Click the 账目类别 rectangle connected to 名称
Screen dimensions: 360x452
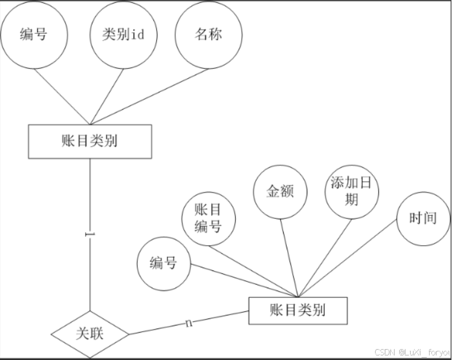(x=90, y=141)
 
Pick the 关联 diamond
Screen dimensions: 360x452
(x=90, y=334)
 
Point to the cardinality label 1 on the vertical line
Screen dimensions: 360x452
(x=90, y=235)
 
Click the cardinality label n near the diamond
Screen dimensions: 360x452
(x=188, y=324)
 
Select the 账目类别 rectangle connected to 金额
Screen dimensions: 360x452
(x=298, y=311)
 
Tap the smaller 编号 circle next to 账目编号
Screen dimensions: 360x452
(x=164, y=264)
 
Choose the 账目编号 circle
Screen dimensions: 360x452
(x=208, y=219)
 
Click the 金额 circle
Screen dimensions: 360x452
(x=280, y=191)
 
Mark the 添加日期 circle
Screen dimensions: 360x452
(x=351, y=191)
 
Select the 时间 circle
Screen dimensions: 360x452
(x=423, y=219)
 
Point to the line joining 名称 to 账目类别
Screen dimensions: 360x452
(x=149, y=96)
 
